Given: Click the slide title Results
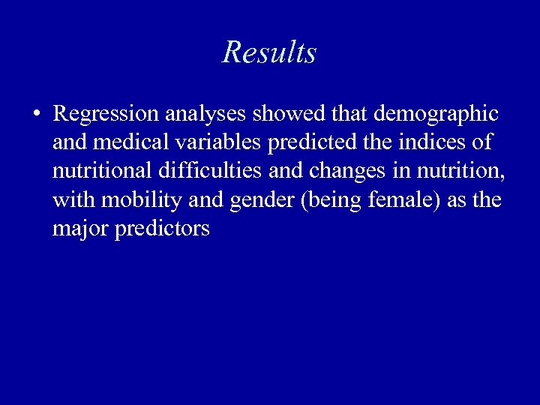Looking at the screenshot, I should (269, 52).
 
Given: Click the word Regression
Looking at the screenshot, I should (106, 114).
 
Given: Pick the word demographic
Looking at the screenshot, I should (436, 114).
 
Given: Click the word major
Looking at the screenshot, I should (81, 229).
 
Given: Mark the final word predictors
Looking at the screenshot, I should (162, 229).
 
